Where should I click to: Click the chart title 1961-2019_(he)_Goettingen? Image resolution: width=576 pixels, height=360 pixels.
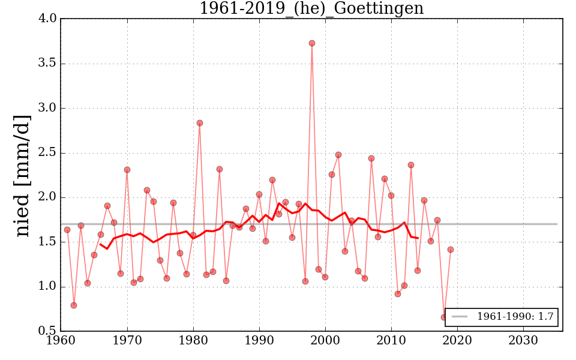click(311, 9)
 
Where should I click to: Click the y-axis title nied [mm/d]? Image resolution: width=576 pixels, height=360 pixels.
click(22, 175)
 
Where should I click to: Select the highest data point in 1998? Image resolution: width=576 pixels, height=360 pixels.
click(312, 43)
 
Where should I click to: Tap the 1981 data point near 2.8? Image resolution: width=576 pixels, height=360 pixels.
click(200, 123)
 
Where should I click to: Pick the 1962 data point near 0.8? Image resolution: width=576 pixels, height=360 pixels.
click(74, 305)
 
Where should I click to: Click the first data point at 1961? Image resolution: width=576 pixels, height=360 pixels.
click(67, 230)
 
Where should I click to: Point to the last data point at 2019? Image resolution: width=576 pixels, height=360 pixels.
click(451, 250)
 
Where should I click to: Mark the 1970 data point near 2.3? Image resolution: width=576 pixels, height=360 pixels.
click(127, 170)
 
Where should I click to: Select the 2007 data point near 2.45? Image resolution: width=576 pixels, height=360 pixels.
click(371, 158)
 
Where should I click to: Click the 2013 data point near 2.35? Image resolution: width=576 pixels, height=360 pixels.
click(411, 165)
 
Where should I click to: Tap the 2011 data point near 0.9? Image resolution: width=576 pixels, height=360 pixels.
click(398, 294)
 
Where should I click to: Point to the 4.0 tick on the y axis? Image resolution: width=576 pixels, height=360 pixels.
click(49, 19)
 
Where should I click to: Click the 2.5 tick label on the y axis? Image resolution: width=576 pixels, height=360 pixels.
click(49, 153)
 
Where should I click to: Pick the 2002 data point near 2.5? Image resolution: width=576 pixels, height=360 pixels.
click(338, 155)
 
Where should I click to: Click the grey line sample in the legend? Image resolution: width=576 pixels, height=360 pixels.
click(460, 317)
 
